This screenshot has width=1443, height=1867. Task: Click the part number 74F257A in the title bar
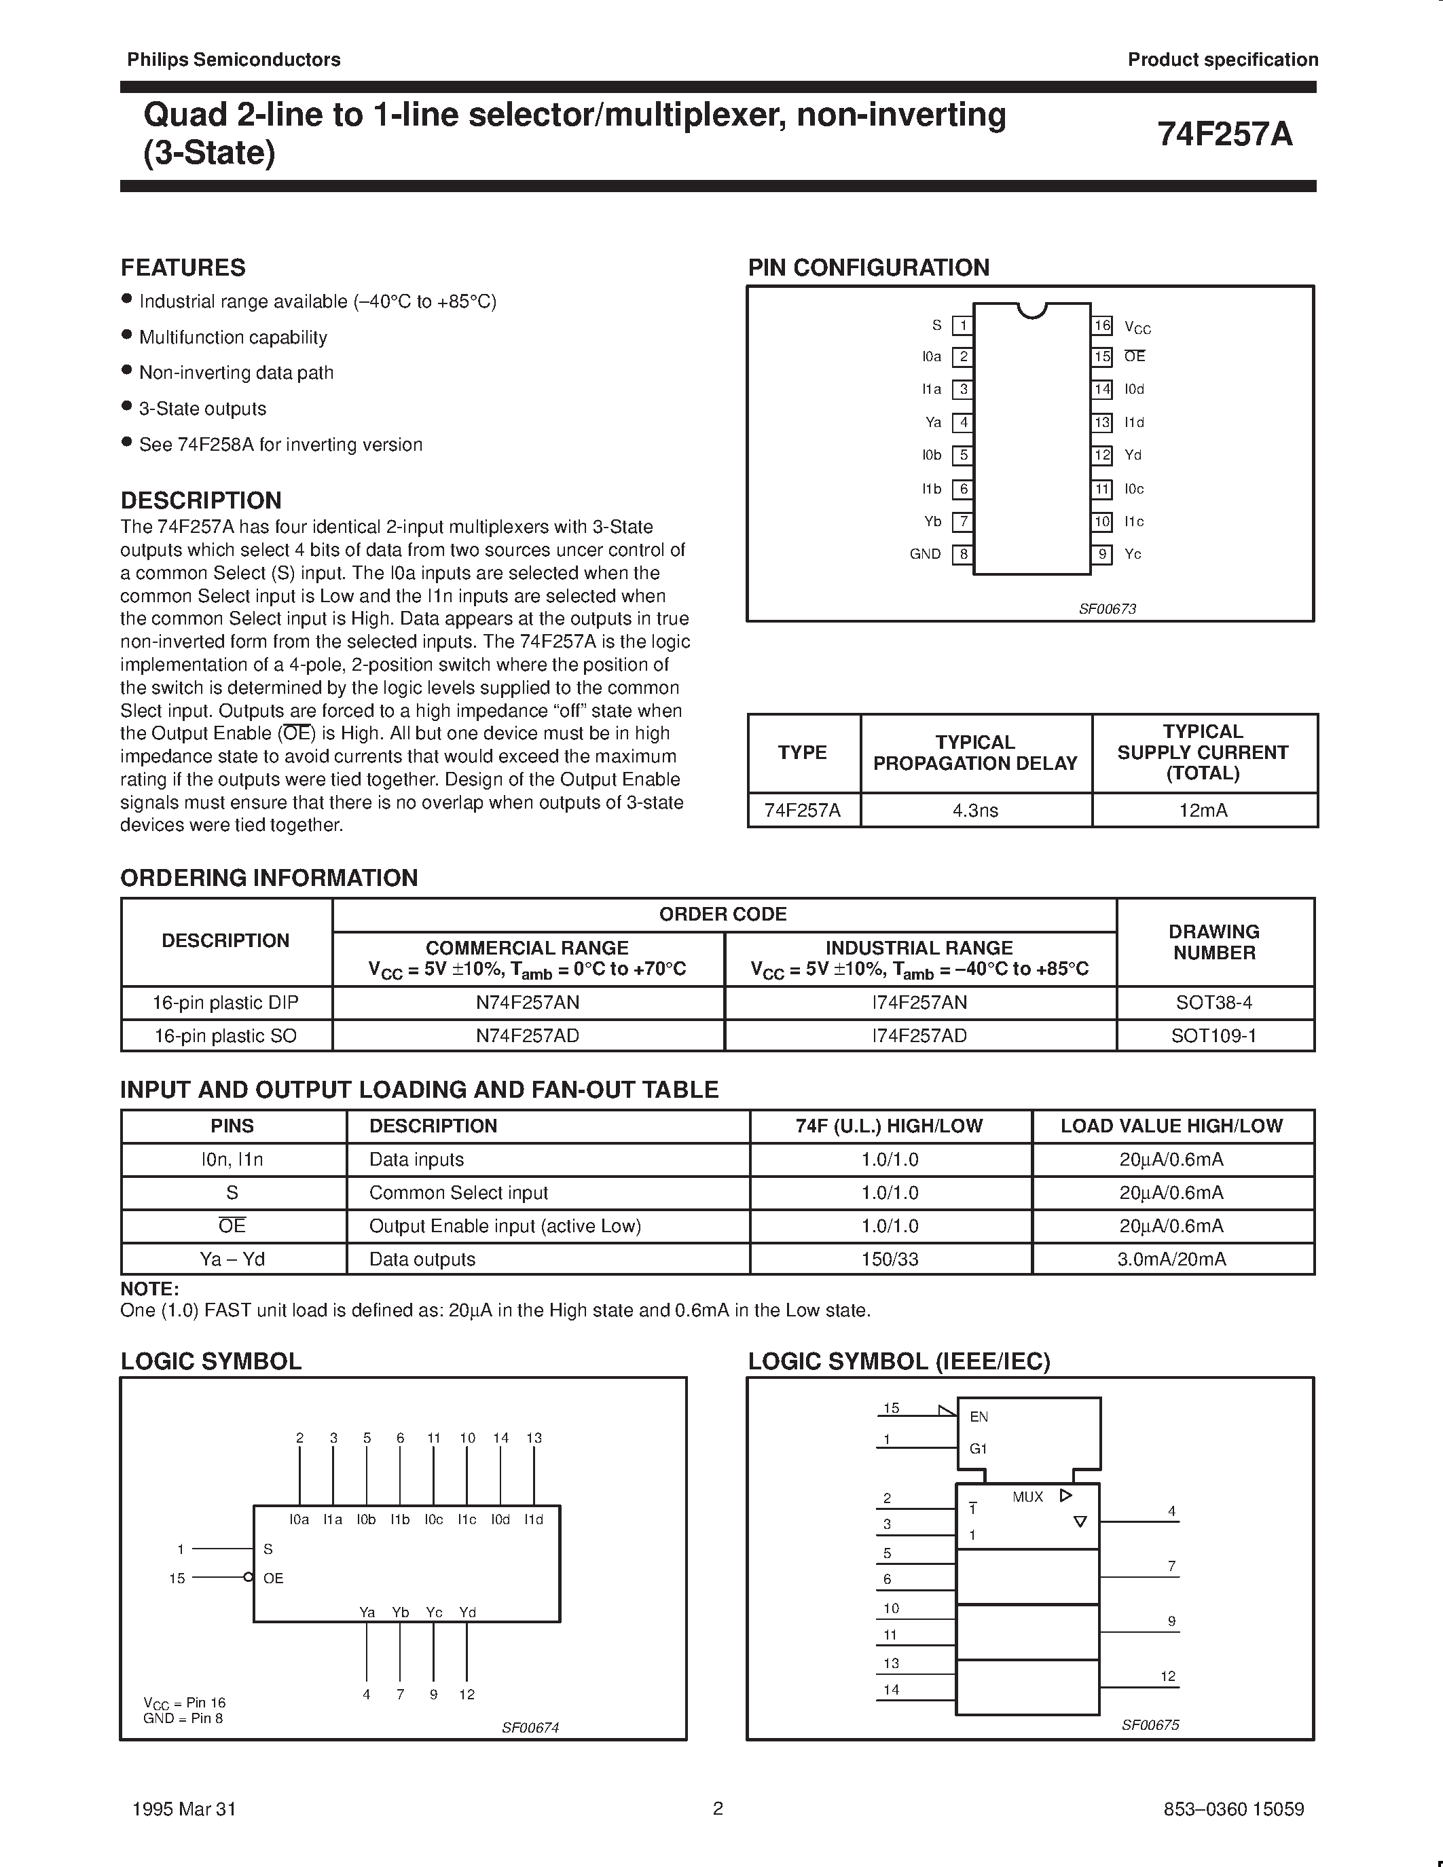[x=1224, y=134]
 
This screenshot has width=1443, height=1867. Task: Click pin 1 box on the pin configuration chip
[x=963, y=325]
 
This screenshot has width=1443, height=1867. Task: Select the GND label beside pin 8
[x=925, y=554]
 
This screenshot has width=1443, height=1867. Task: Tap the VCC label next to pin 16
[x=1137, y=327]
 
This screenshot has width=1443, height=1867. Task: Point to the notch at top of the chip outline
[x=1033, y=310]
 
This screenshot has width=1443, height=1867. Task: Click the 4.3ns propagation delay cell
[x=975, y=809]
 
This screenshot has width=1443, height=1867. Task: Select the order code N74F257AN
[x=528, y=1002]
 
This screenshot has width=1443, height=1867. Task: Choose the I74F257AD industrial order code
[x=919, y=1035]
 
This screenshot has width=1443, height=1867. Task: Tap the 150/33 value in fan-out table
[x=890, y=1259]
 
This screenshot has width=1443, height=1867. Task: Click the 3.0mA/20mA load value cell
[x=1171, y=1259]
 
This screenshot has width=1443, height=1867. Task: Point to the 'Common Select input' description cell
[x=458, y=1193]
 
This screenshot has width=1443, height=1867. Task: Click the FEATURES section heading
[x=183, y=267]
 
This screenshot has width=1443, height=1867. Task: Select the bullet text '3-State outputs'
[x=202, y=409]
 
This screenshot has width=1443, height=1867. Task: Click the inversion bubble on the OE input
[x=248, y=1578]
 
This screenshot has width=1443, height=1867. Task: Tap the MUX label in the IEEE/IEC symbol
[x=1027, y=1497]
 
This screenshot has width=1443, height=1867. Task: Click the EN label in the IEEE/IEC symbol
[x=979, y=1416]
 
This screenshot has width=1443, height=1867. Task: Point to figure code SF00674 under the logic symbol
[x=530, y=1726]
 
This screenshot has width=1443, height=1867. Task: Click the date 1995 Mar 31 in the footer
[x=185, y=1809]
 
